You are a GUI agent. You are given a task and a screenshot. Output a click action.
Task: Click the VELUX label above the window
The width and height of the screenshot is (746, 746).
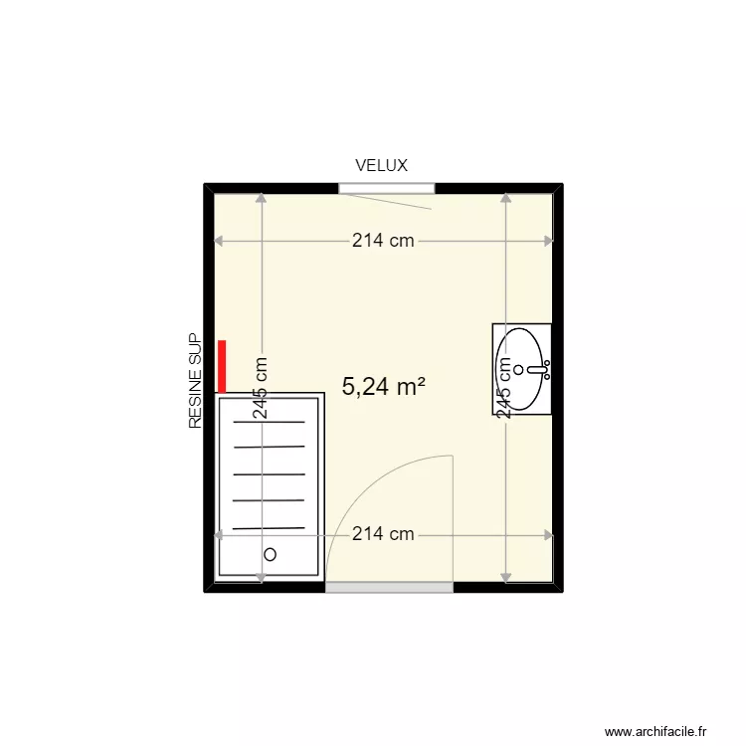pyautogui.click(x=382, y=165)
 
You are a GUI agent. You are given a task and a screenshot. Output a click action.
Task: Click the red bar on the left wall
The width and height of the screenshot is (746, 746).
pyautogui.click(x=223, y=366)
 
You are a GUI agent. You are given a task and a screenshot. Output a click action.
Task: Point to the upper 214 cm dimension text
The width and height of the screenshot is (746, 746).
pyautogui.click(x=383, y=241)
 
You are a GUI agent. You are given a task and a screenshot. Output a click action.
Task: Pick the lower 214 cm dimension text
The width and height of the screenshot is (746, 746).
pyautogui.click(x=383, y=534)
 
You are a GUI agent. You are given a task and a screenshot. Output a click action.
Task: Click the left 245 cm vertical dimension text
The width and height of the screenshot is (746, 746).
pyautogui.click(x=262, y=389)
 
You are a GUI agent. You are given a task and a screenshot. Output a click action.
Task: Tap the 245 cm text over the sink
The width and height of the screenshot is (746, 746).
pyautogui.click(x=505, y=389)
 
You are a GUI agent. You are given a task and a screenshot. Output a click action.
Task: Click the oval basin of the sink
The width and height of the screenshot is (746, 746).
pyautogui.click(x=520, y=368)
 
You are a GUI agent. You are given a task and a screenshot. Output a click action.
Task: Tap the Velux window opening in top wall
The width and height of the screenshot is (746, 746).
pyautogui.click(x=386, y=188)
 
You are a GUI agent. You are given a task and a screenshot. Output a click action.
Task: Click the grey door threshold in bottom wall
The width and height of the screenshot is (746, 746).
pyautogui.click(x=389, y=588)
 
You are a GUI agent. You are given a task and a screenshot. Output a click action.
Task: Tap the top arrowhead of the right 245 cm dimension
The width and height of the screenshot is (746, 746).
pyautogui.click(x=505, y=198)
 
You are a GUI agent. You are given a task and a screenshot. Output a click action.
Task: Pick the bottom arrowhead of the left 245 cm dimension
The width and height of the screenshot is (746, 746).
pyautogui.click(x=262, y=577)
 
